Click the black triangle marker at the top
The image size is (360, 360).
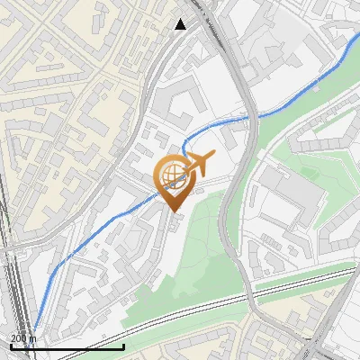click(181, 23)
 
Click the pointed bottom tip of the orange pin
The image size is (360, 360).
click(173, 212)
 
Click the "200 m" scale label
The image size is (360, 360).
click(23, 337)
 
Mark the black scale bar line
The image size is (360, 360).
click(67, 346)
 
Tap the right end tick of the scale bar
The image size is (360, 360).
click(123, 345)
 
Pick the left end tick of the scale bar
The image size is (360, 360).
click(10, 345)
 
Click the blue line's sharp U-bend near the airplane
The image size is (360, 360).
click(184, 147)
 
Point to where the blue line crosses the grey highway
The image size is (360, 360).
click(249, 116)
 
